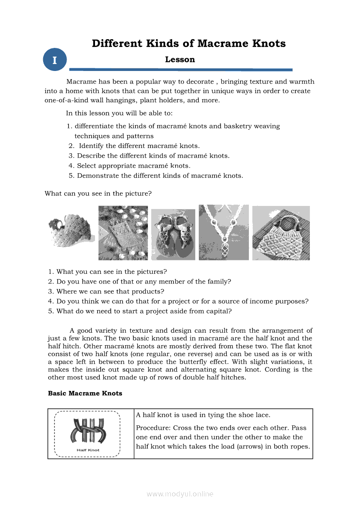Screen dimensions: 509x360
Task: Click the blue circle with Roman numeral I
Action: (54, 60)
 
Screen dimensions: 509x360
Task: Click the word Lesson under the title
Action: (180, 60)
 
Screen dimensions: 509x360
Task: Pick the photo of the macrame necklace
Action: (224, 233)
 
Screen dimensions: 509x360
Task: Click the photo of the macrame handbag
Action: (281, 233)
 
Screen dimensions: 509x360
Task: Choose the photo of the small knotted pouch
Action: (123, 233)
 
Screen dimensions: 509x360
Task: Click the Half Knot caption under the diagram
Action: (88, 450)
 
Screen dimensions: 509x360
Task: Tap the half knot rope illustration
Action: (88, 431)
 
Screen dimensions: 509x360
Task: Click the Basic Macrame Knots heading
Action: (85, 393)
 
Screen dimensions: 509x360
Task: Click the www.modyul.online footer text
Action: (180, 494)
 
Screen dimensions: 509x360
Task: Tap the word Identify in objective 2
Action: (91, 146)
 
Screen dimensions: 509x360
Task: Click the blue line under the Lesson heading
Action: (181, 70)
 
